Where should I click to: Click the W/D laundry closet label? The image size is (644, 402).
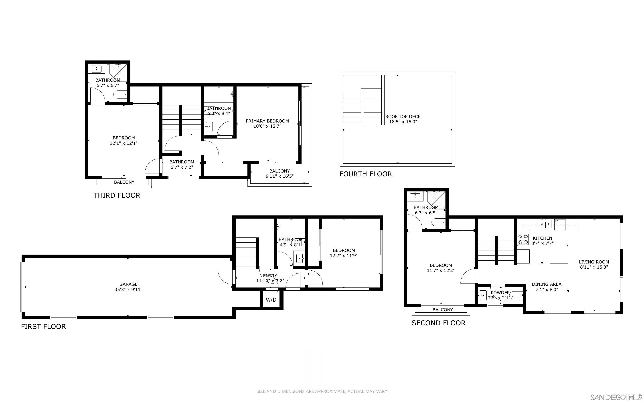click(271, 300)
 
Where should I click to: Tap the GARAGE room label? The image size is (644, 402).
click(128, 284)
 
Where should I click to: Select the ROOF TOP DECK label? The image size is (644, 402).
click(403, 117)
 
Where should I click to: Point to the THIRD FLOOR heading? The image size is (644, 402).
click(117, 195)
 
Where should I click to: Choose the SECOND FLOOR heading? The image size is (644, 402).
click(438, 323)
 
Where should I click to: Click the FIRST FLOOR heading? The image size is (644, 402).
click(43, 326)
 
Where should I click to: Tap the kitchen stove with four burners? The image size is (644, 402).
click(523, 239)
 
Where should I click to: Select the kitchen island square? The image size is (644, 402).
click(559, 254)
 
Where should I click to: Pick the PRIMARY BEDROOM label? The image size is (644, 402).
click(267, 121)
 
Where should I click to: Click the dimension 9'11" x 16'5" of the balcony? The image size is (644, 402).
click(279, 176)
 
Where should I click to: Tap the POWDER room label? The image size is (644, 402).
click(500, 292)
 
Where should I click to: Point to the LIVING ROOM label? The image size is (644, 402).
click(594, 262)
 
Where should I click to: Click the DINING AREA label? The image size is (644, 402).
click(546, 284)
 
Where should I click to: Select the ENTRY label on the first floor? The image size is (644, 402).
click(270, 276)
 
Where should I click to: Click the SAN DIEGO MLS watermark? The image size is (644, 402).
click(616, 397)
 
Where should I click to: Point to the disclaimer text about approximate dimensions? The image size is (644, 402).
click(322, 391)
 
